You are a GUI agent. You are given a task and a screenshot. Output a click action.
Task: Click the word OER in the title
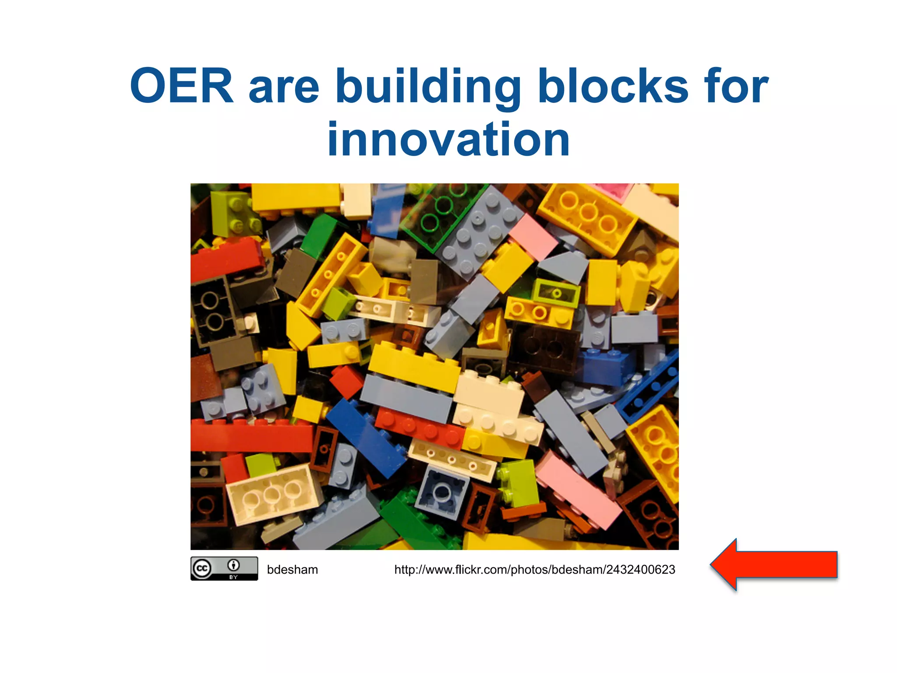point(182,86)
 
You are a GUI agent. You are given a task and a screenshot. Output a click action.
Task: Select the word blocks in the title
point(613,86)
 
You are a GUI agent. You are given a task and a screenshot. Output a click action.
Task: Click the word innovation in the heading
point(448,139)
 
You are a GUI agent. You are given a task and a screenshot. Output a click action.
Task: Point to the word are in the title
point(284,88)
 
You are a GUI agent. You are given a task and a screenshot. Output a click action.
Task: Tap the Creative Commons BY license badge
point(224,569)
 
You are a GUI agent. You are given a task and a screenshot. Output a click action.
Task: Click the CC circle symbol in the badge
point(202,569)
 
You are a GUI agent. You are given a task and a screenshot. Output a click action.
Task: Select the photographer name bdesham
point(292,570)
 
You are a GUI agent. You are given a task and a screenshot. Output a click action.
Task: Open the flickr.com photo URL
point(534,570)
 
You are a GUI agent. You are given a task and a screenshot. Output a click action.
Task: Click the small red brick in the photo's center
point(346,380)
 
